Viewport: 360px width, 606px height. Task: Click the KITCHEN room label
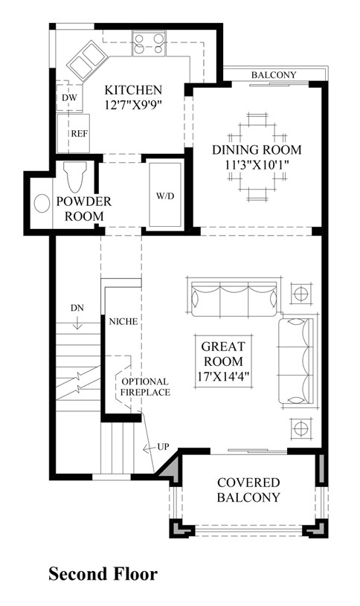click(133, 89)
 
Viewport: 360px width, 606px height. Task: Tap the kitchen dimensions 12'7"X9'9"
click(133, 105)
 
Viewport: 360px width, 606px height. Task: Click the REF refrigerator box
click(79, 134)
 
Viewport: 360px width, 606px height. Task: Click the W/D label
click(166, 197)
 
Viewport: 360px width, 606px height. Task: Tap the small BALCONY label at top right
click(273, 75)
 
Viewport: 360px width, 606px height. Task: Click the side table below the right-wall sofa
click(301, 428)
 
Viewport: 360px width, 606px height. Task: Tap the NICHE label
click(120, 322)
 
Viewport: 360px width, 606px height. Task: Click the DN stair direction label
click(78, 306)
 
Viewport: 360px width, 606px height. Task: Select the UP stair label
click(162, 448)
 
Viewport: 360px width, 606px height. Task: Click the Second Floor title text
click(103, 574)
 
